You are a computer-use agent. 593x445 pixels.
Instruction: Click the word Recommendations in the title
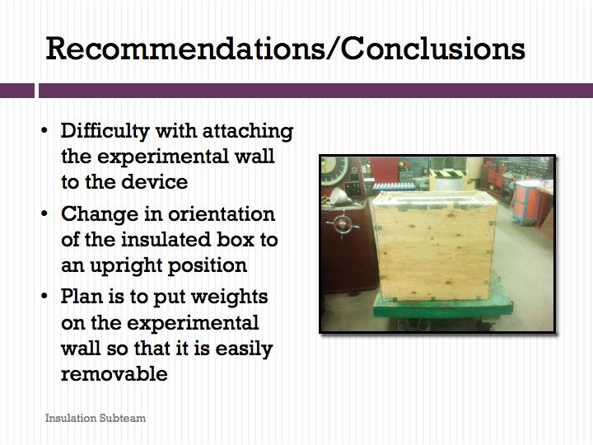(184, 49)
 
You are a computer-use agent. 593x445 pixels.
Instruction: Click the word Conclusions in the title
(432, 49)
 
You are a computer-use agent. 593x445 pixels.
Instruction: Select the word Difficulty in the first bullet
(105, 132)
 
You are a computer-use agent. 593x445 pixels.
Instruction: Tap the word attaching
(248, 132)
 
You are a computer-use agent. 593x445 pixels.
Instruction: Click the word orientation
(222, 214)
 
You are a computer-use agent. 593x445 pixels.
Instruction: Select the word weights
(229, 297)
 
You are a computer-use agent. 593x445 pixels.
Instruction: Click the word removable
(114, 374)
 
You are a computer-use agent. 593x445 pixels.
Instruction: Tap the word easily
(244, 349)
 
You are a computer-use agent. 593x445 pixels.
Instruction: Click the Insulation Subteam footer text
(96, 418)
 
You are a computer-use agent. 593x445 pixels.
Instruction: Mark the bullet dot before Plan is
(44, 296)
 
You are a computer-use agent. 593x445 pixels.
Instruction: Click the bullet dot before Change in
(44, 213)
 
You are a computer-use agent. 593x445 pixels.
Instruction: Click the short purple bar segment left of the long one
(17, 91)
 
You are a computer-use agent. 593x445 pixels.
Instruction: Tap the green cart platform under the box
(443, 306)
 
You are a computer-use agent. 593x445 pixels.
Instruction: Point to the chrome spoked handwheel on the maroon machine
(343, 224)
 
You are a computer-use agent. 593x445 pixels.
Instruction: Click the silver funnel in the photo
(339, 196)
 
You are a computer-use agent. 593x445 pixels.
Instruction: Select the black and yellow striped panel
(448, 174)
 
